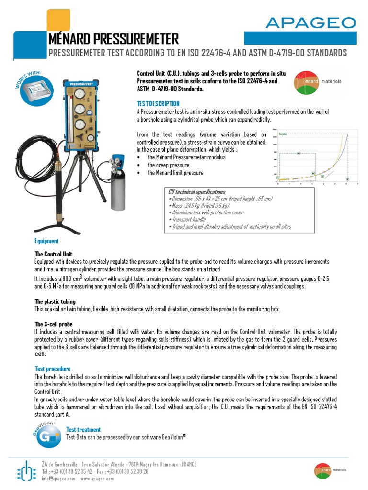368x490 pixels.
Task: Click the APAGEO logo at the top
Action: click(310, 22)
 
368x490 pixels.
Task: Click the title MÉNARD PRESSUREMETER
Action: click(114, 39)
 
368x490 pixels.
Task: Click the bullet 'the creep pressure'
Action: click(168, 165)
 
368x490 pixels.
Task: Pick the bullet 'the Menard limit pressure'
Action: click(175, 173)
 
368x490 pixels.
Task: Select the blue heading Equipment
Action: click(46, 241)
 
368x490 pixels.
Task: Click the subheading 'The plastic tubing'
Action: click(55, 301)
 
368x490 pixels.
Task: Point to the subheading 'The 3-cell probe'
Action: click(53, 324)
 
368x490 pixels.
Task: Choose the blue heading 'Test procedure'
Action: click(53, 369)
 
